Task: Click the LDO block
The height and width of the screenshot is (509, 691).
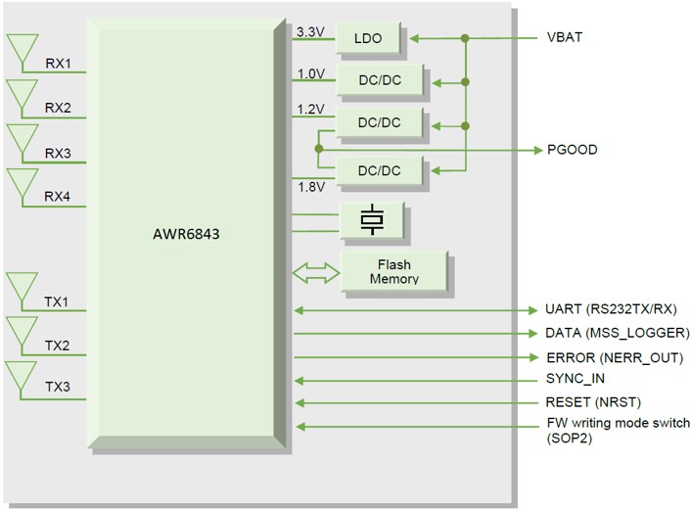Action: point(369,39)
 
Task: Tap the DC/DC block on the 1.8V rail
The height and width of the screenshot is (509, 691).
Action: point(378,170)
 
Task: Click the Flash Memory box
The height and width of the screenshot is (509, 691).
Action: point(392,271)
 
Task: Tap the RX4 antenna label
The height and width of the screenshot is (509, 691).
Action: point(58,197)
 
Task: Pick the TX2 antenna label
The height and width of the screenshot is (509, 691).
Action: point(58,346)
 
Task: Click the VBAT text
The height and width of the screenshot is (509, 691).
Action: point(566,39)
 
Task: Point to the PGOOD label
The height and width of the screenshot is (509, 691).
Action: point(572,151)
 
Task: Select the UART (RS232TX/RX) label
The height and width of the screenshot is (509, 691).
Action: point(609,309)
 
